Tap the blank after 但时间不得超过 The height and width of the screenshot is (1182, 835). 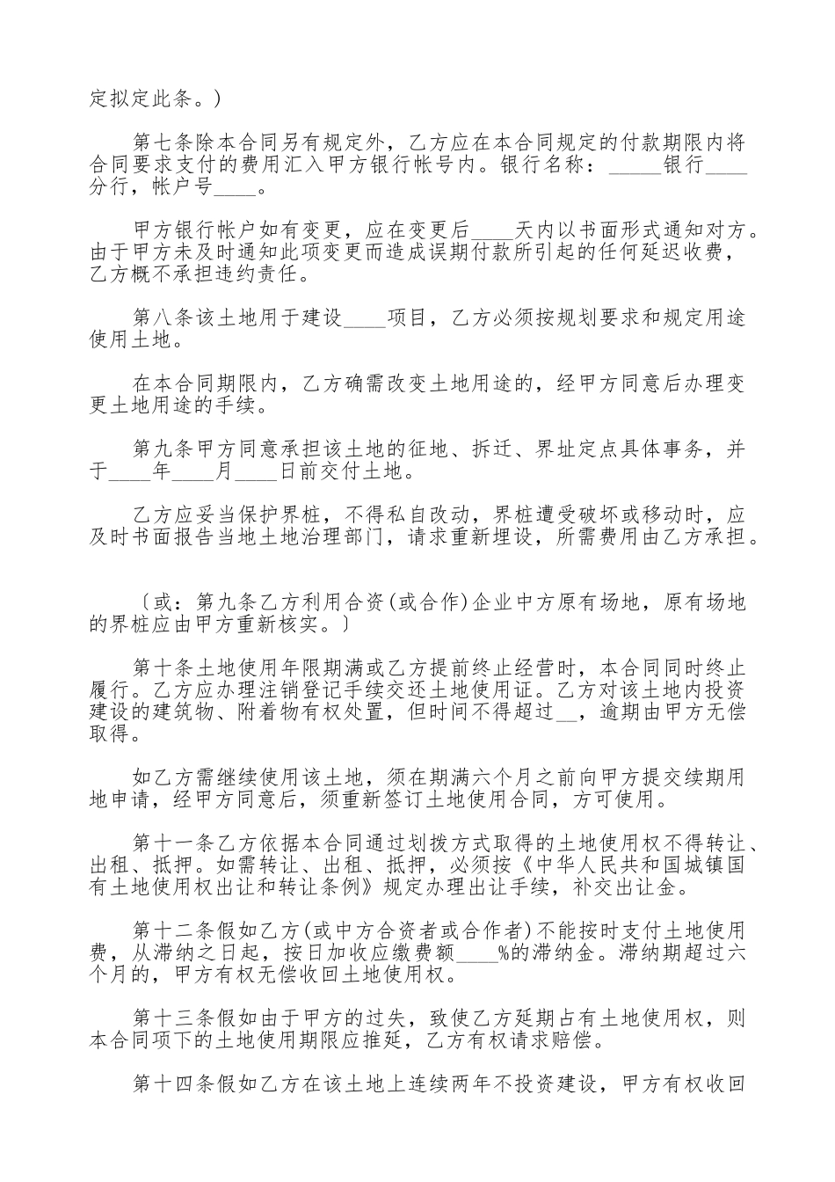point(567,714)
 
